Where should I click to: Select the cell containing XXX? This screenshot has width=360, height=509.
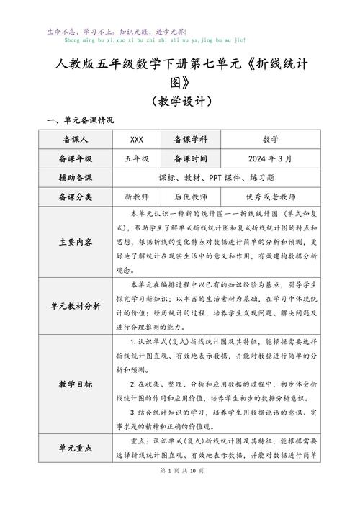coord(136,139)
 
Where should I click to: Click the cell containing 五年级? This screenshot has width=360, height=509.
coord(136,158)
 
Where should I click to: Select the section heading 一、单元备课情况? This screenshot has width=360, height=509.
coord(80,120)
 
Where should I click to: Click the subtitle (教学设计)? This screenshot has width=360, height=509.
coord(179,101)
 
